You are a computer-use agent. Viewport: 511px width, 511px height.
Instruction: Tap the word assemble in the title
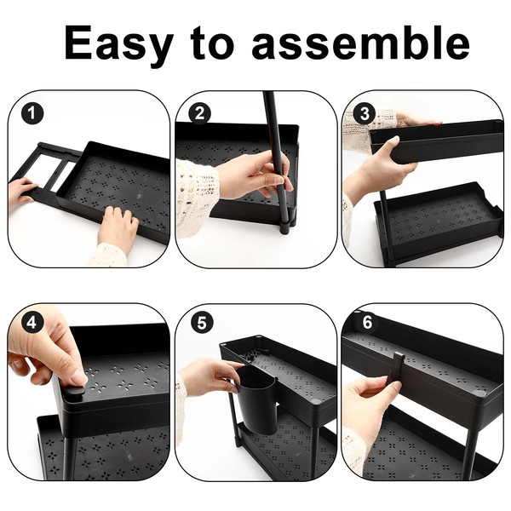click(x=360, y=43)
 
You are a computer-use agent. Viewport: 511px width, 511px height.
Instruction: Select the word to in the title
click(x=212, y=43)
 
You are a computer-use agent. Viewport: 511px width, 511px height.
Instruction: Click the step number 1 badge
click(x=32, y=113)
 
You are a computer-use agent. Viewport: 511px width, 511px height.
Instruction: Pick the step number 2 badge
click(x=199, y=113)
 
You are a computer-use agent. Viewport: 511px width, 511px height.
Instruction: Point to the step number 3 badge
click(x=365, y=114)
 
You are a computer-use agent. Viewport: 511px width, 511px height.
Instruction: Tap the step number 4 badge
click(x=32, y=323)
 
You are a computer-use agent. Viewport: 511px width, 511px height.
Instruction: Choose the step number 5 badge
click(x=202, y=324)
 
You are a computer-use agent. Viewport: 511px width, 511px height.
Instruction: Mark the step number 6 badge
click(x=367, y=323)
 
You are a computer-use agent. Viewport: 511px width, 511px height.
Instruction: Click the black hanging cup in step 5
click(x=258, y=400)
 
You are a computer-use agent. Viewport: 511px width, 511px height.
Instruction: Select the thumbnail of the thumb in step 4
click(x=79, y=379)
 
